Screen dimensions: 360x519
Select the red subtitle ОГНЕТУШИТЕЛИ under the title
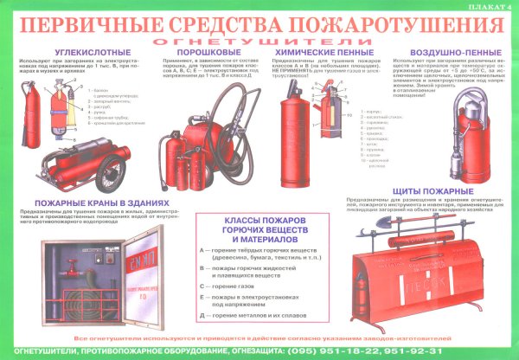(x=257, y=40)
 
